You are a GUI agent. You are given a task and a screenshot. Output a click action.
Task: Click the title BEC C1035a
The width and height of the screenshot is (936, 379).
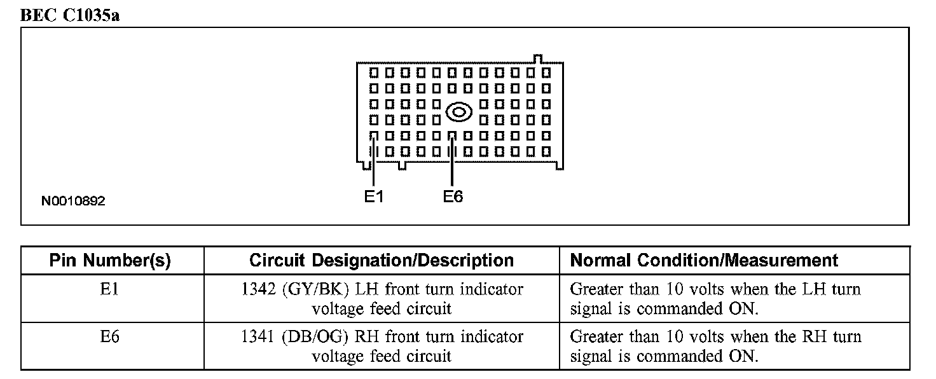tap(71, 15)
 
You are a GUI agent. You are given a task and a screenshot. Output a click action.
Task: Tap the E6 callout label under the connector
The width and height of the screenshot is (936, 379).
tap(453, 196)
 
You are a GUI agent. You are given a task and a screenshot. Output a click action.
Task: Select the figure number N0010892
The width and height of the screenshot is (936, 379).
tap(73, 201)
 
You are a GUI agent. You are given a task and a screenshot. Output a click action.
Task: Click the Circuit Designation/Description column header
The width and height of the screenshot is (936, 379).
tap(382, 260)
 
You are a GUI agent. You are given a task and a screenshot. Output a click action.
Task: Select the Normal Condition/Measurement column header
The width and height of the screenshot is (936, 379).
tap(704, 260)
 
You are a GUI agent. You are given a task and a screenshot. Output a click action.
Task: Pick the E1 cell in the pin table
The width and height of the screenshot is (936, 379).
tap(110, 289)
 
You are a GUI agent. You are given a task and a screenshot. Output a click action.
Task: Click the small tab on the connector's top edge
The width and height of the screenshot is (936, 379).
tap(537, 59)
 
